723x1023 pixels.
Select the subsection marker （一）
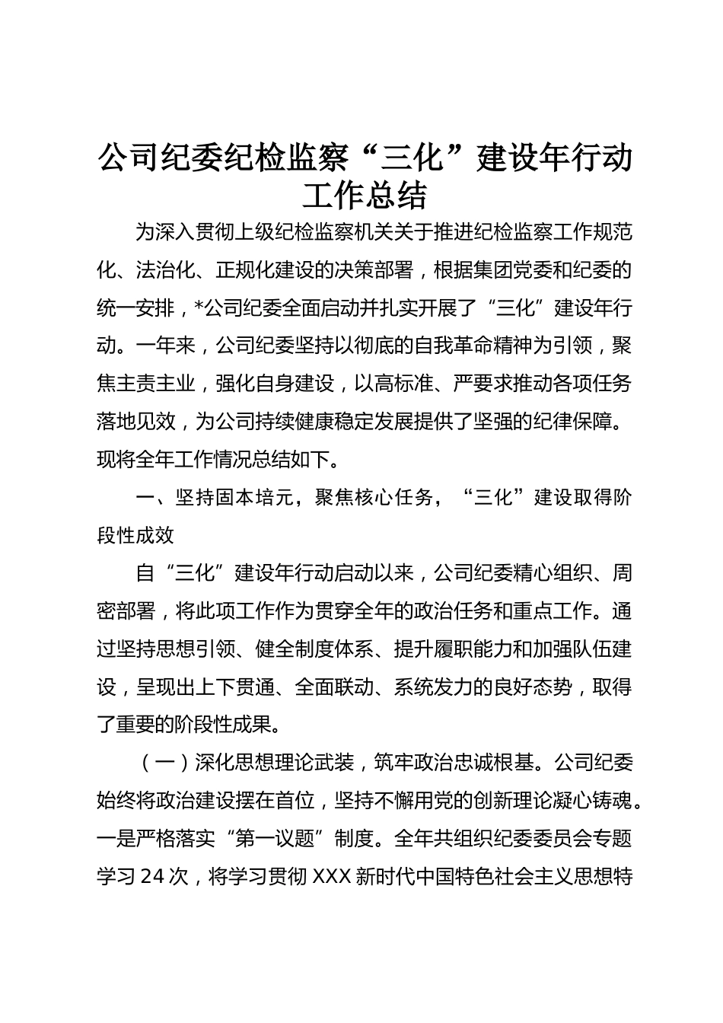pyautogui.click(x=155, y=763)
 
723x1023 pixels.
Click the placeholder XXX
pyautogui.click(x=330, y=877)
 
